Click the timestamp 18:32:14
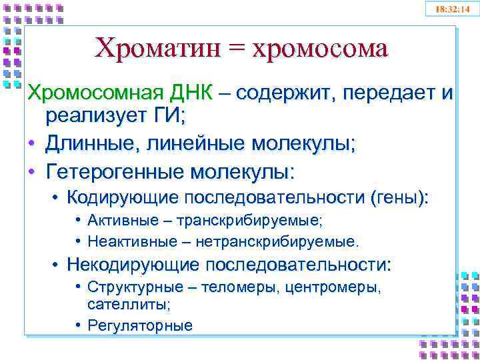[451, 9]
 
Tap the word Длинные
[88, 143]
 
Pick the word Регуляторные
[139, 325]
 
